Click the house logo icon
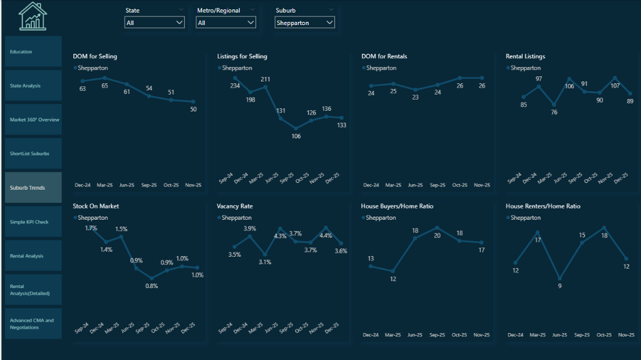[x=33, y=16]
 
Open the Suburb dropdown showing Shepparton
[x=304, y=23]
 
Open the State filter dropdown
[x=154, y=23]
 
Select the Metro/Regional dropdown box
[x=225, y=23]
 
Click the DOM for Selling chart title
[x=95, y=56]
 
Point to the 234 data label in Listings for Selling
[x=235, y=86]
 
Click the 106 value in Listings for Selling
[x=296, y=136]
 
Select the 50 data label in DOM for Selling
[x=193, y=110]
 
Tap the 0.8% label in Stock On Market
[x=151, y=286]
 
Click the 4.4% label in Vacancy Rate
[x=326, y=236]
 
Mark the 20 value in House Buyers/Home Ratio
[x=437, y=236]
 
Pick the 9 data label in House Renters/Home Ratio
[x=560, y=286]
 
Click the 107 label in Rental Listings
[x=615, y=86]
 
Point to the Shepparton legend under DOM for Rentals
[x=381, y=68]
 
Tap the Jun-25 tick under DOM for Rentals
[x=415, y=185]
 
